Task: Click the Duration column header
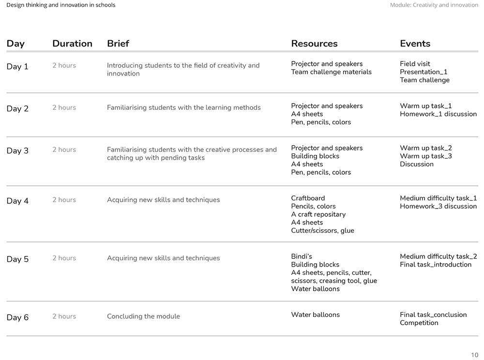[72, 44]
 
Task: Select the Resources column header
[314, 44]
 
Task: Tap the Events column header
[415, 44]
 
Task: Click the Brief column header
[118, 44]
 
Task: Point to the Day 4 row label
[17, 201]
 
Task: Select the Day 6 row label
[17, 317]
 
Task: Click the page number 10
[474, 355]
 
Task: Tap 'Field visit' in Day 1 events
[415, 64]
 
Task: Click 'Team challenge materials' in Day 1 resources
[331, 72]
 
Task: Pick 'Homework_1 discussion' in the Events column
[438, 114]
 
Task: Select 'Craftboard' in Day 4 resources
[308, 198]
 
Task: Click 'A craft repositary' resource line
[318, 214]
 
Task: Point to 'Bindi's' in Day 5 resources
[302, 256]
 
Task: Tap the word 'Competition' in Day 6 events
[419, 323]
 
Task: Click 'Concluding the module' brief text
[143, 316]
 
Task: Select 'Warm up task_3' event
[425, 156]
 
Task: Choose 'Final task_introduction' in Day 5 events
[435, 265]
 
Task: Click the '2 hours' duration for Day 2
[64, 107]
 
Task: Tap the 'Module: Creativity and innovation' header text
[434, 5]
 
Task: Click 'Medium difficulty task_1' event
[438, 198]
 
